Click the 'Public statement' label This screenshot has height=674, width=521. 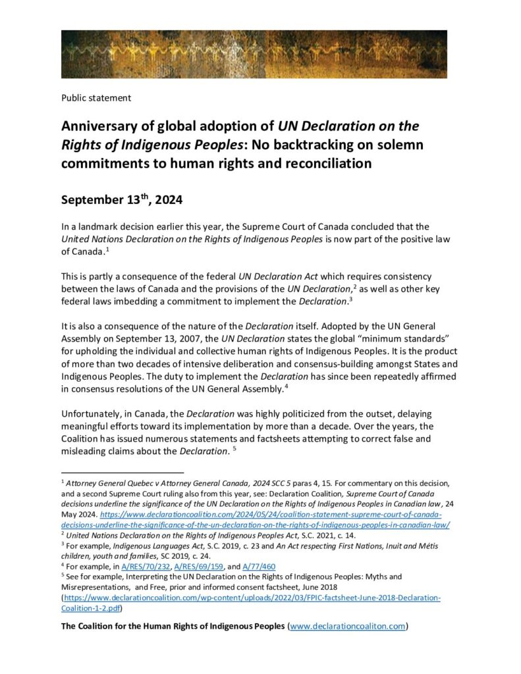click(96, 98)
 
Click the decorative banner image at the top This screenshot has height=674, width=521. click(254, 54)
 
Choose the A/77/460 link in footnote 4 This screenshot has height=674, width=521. click(260, 566)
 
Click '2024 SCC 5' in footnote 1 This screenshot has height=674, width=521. click(252, 484)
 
